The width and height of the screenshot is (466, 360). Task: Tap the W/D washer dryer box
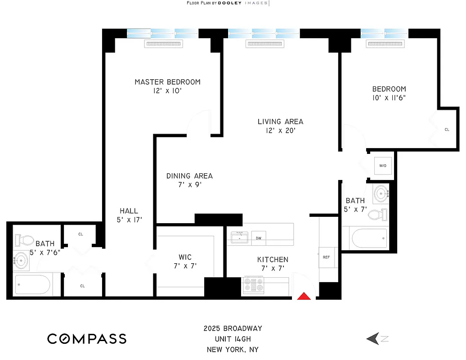[383, 166]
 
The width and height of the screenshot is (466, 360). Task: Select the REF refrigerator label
[327, 257]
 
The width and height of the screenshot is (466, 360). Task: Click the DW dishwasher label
[259, 238]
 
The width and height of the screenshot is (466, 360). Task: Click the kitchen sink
[239, 238]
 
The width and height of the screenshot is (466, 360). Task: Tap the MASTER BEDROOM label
[167, 82]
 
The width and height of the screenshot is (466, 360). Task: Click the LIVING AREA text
[280, 121]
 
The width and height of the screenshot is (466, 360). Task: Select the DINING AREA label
[189, 176]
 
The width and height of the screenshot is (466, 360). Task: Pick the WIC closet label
[185, 257]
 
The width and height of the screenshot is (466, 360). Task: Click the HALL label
[129, 211]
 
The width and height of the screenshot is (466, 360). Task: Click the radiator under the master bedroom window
[164, 44]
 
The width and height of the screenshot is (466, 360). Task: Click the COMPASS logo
[87, 339]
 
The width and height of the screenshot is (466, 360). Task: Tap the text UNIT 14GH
[233, 339]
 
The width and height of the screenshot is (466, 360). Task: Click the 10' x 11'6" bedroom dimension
[389, 98]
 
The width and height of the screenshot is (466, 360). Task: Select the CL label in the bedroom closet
[447, 130]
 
